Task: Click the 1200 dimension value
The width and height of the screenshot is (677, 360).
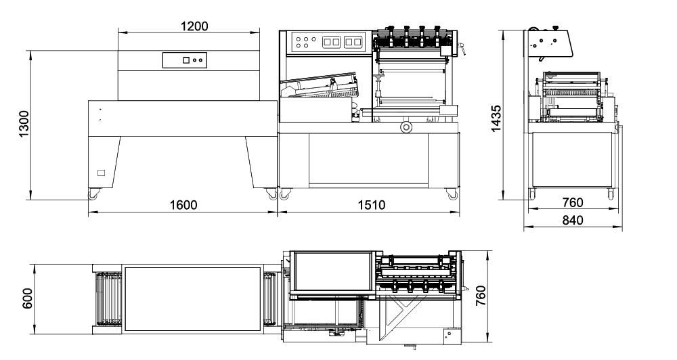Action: (189, 26)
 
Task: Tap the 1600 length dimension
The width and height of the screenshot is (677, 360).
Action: (183, 206)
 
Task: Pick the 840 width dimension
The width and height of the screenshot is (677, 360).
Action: (572, 220)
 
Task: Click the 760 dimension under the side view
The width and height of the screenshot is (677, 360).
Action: (572, 202)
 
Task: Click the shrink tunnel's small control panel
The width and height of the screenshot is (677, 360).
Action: (185, 60)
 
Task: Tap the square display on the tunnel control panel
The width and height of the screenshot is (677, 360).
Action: (185, 60)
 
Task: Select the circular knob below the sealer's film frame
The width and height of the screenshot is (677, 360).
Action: (406, 127)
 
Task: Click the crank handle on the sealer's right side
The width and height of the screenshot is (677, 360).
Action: (463, 48)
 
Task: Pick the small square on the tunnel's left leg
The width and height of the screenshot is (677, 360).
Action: (102, 173)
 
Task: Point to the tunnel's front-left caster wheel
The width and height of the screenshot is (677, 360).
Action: (91, 195)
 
